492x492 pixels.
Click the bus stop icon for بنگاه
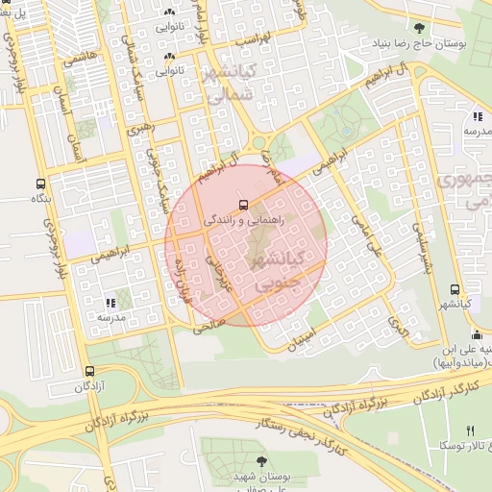coord(39,183)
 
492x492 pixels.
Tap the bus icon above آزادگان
coord(89,371)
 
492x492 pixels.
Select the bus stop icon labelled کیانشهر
coord(455,289)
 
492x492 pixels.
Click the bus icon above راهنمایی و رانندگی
coord(243,205)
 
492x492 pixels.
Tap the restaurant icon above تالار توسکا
coord(470,430)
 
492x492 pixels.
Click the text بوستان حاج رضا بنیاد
coord(427,45)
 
